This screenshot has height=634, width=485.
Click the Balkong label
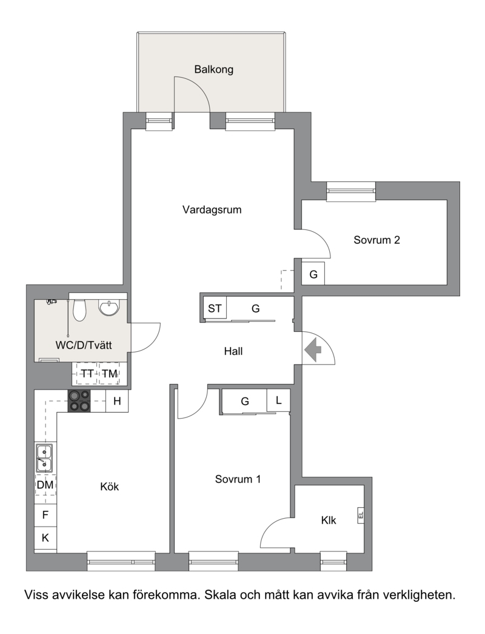click(x=214, y=70)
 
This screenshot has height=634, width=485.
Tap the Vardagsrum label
click(x=212, y=210)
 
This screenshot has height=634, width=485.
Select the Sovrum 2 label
click(x=376, y=240)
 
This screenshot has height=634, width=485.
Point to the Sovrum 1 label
click(x=238, y=479)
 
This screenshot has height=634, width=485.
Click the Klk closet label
click(x=329, y=521)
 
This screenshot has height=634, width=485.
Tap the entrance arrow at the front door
click(x=312, y=348)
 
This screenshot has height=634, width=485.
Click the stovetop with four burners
click(x=79, y=400)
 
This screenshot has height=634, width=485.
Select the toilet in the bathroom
click(x=79, y=309)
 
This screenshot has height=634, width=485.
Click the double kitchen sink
click(x=44, y=457)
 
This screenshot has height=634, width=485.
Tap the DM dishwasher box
click(x=45, y=484)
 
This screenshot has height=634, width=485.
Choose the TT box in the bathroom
click(x=87, y=374)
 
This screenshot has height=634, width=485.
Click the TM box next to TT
click(x=110, y=374)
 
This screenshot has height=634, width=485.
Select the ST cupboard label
click(x=215, y=309)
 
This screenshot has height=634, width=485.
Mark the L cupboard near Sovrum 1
click(x=278, y=400)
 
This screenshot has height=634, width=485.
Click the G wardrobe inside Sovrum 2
click(x=313, y=275)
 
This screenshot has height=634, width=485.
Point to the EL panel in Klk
click(x=361, y=515)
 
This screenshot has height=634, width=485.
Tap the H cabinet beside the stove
click(x=117, y=400)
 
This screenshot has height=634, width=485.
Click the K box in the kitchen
click(x=45, y=538)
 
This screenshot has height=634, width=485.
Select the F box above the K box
click(x=45, y=515)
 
